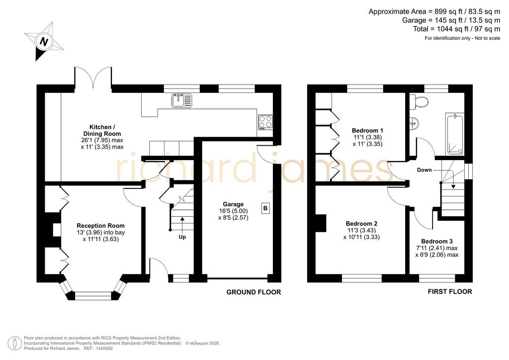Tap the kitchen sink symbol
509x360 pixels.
point(182,100)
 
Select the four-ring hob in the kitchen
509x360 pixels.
point(265,122)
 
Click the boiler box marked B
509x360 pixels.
point(265,208)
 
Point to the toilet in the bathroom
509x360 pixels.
point(419,101)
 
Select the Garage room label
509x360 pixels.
point(233,204)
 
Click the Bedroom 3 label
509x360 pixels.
point(436,241)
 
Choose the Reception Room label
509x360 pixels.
point(100,226)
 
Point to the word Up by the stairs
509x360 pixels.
point(182,237)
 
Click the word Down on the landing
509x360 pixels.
point(424,170)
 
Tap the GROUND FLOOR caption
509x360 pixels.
point(254,292)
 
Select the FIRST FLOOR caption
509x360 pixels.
point(450,291)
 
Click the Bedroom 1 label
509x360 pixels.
point(367,130)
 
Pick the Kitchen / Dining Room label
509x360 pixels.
point(102,130)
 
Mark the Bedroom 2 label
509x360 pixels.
point(361,224)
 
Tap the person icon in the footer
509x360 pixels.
point(15,344)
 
